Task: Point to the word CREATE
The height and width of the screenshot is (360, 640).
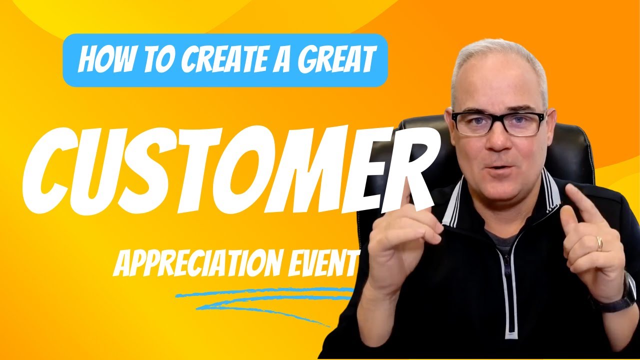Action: [210, 59]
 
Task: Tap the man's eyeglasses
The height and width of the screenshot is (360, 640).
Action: [497, 122]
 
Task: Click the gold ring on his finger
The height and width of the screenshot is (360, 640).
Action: [599, 243]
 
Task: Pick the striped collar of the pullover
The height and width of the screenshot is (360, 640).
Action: [550, 195]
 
